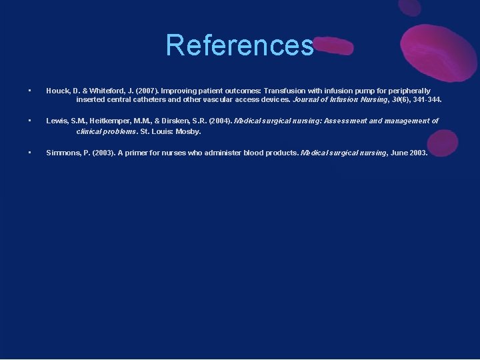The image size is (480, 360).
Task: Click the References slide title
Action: (x=239, y=45)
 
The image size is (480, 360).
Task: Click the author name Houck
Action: (x=58, y=91)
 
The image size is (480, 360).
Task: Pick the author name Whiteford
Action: (x=105, y=91)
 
